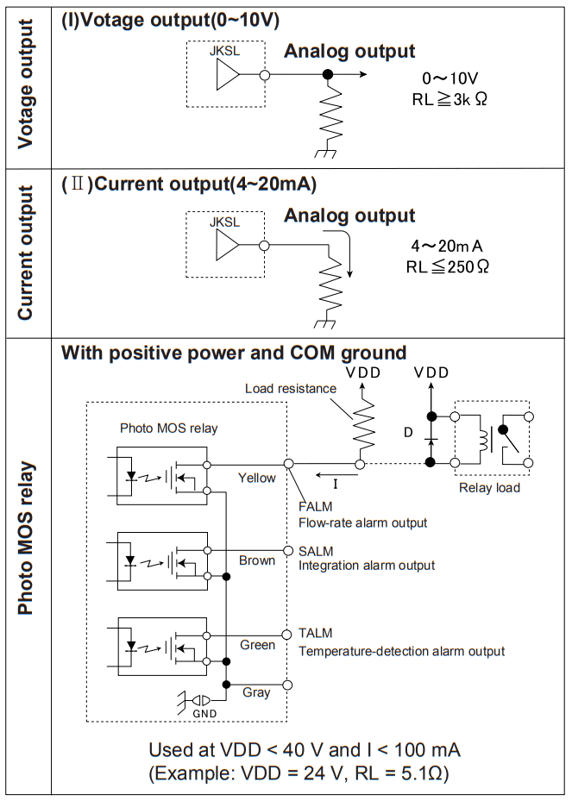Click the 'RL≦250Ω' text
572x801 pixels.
tap(448, 266)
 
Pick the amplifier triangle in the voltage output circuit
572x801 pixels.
tap(226, 76)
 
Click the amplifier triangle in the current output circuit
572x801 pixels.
tap(226, 245)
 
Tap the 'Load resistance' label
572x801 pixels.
tap(290, 389)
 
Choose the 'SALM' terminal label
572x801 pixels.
tap(316, 551)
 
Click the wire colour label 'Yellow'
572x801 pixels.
tap(257, 478)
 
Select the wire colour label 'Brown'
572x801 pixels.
tap(257, 560)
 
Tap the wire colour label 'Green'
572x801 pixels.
tap(257, 644)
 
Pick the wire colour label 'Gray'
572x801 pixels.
tap(256, 691)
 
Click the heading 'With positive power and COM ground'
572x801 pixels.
tap(234, 353)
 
